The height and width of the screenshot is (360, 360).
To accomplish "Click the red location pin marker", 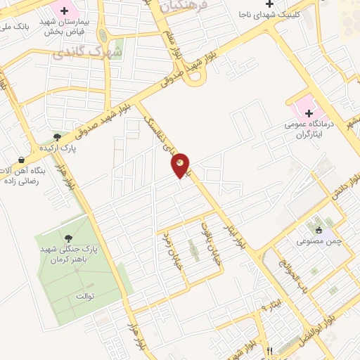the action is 181,165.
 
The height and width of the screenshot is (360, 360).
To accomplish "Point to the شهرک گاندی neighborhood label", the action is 98,53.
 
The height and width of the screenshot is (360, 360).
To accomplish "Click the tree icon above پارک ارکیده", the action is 58,137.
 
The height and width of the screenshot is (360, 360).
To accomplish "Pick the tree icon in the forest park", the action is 67,239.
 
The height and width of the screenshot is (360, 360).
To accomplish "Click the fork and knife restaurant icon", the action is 269,349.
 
